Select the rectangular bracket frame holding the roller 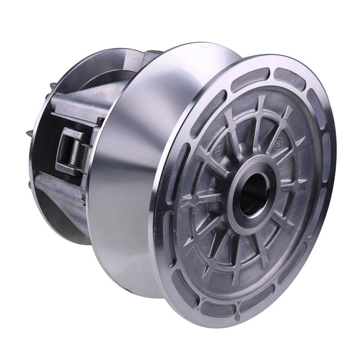[x=67, y=152]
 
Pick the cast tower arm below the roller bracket [x=67, y=195]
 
